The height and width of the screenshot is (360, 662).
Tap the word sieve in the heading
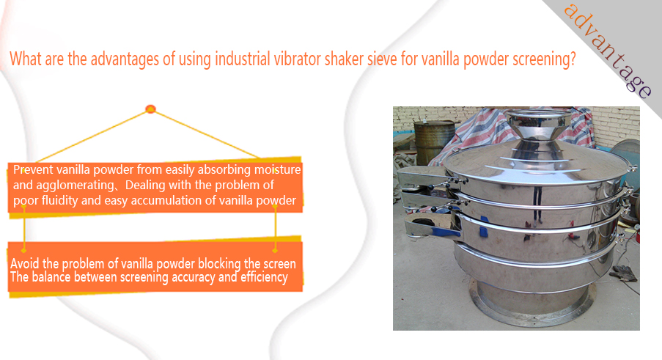pos(382,59)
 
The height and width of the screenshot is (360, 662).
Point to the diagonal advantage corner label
pos(608,51)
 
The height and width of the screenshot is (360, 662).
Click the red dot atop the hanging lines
pos(150,109)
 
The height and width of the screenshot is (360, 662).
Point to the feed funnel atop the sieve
pos(536,125)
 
